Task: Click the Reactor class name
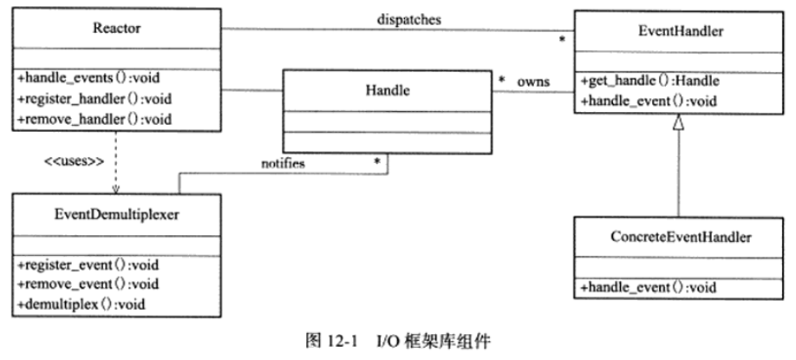(x=116, y=29)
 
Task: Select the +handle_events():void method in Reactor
(x=77, y=77)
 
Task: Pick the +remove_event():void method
(x=79, y=283)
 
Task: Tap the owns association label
(x=533, y=81)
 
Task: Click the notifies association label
(x=282, y=162)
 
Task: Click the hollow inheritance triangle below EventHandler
(x=679, y=124)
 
